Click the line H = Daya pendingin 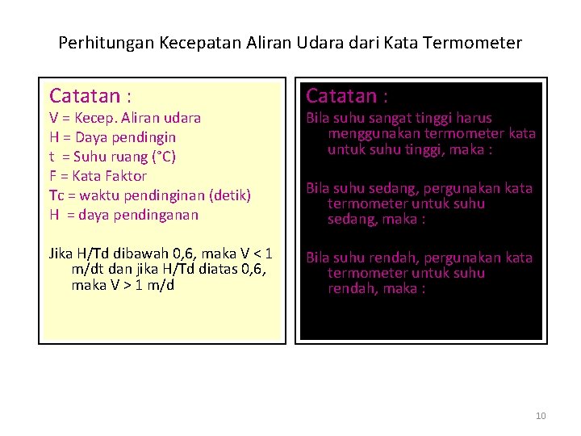[112, 137]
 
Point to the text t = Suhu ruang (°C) [112, 157]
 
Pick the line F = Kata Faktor [98, 176]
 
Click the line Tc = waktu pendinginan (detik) [150, 195]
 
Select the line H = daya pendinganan [123, 215]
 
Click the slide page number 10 [541, 416]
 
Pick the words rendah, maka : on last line [376, 289]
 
